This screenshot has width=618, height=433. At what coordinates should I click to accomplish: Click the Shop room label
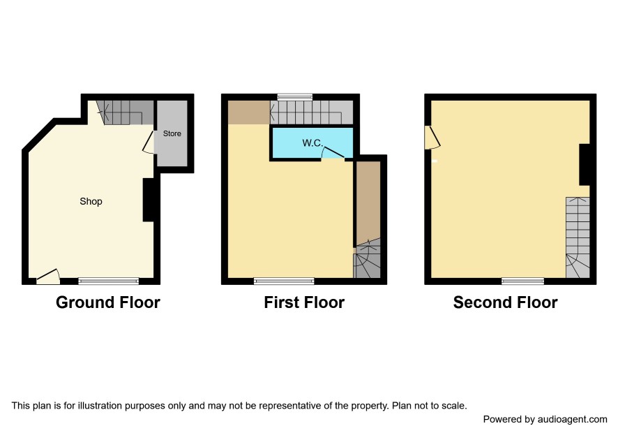point(91,201)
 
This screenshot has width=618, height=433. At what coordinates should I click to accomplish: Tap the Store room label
point(172,133)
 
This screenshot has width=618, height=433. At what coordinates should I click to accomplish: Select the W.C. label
point(312,143)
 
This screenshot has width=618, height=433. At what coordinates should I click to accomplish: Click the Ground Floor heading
point(108,302)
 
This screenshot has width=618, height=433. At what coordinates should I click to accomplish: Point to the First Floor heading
point(304,302)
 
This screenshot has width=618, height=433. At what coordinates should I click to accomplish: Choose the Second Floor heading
point(505,302)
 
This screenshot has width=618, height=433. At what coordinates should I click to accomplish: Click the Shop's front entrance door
point(47,277)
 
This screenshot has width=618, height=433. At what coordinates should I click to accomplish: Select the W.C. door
point(333,152)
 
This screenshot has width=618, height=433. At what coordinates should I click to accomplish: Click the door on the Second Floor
point(432,138)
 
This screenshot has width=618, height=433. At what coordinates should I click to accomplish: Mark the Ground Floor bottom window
point(108,281)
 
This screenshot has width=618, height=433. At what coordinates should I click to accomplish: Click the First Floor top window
point(295,97)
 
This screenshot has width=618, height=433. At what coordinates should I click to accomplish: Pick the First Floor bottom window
point(284,281)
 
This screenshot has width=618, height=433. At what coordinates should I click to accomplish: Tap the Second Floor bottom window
point(522,281)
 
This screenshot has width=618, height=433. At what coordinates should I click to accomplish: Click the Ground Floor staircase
point(125,112)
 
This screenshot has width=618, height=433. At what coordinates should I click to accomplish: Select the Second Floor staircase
point(578,237)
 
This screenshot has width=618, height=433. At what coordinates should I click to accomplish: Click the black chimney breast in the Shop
point(149,200)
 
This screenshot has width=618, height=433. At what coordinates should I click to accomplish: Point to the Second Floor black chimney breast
point(585,165)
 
